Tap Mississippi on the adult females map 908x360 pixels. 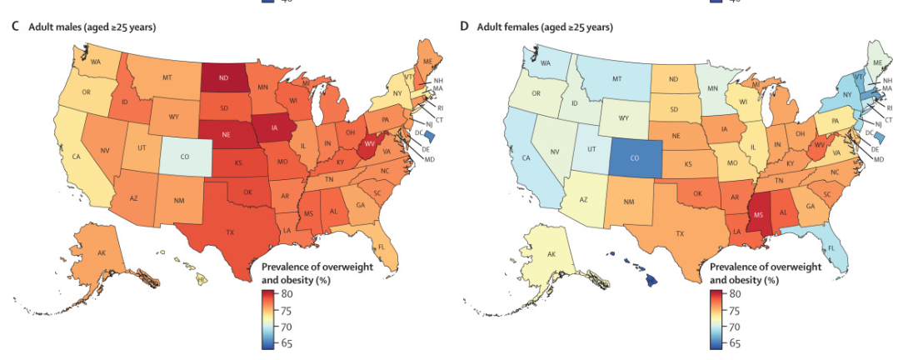pos(759,215)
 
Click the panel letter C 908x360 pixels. pos(15,27)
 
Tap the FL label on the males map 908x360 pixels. pos(381,247)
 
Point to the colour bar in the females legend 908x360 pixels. pos(716,318)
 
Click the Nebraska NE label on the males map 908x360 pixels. pos(225,134)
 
